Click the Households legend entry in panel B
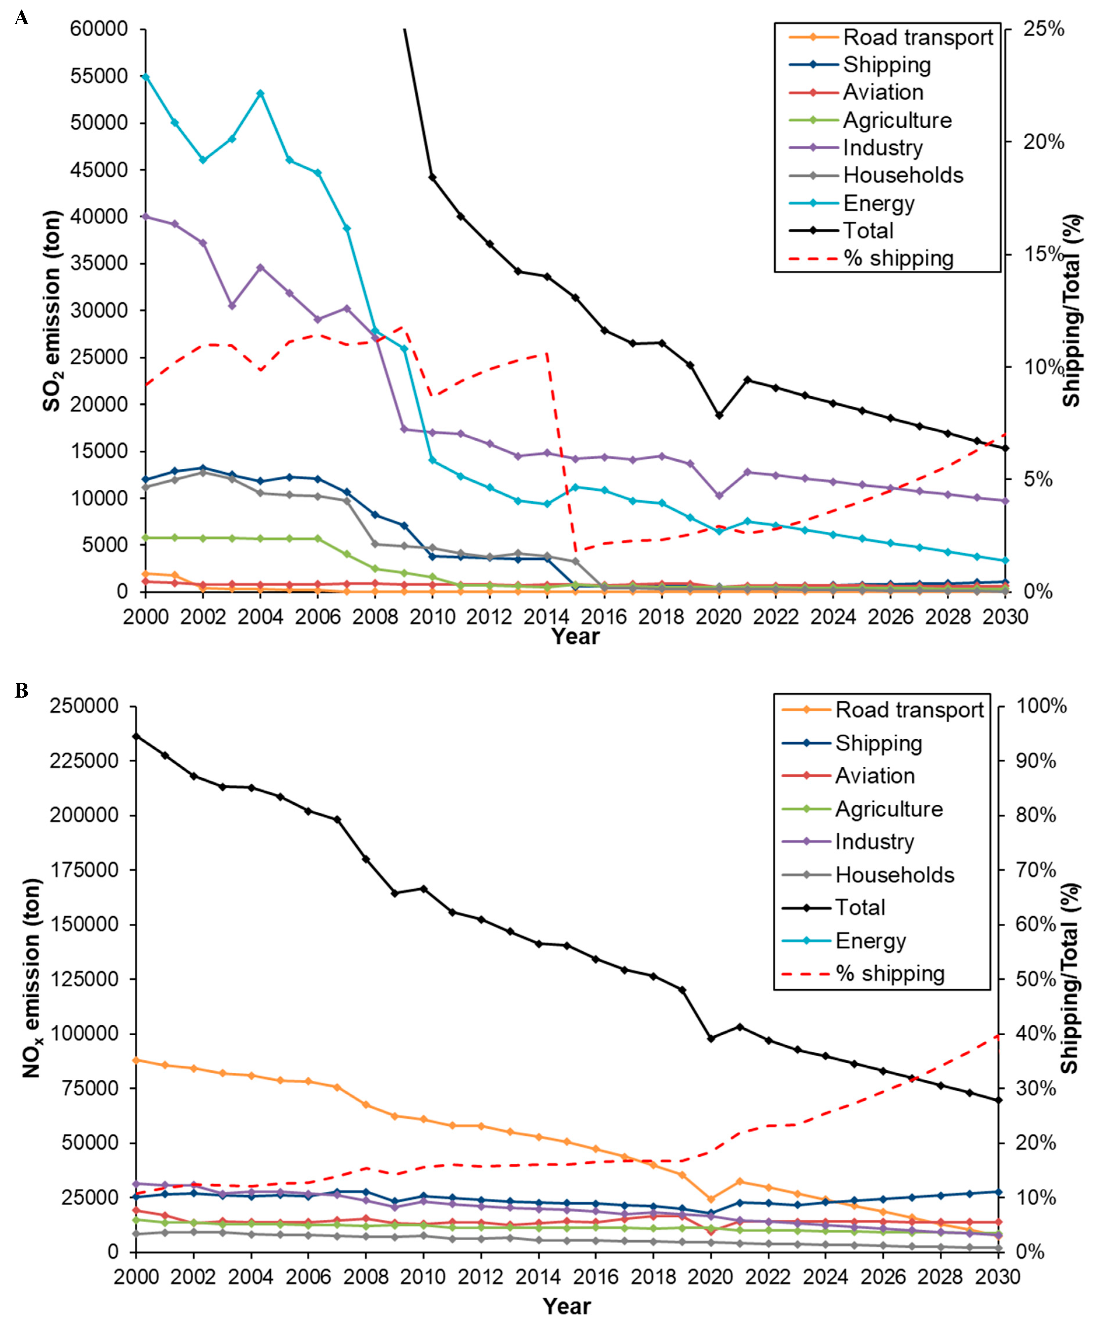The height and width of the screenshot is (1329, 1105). coord(894,875)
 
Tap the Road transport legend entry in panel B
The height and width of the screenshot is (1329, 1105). coord(909,710)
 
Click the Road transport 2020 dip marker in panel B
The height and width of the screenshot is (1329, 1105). coord(711,1199)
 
